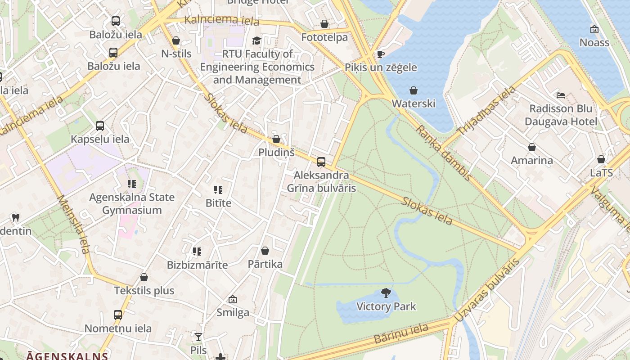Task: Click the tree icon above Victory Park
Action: pos(386,293)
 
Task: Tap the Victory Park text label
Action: pos(386,307)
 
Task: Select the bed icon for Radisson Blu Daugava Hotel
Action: pos(561,95)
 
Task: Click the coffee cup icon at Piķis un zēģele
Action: pos(380,54)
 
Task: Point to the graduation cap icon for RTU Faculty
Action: pos(256,40)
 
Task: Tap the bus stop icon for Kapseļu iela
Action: pos(100,126)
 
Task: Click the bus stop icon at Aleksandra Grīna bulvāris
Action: pos(321,162)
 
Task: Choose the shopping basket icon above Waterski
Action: pos(413,90)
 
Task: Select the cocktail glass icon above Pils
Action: pos(198,337)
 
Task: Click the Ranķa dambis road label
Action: pos(443,153)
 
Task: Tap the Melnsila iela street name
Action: pos(74,230)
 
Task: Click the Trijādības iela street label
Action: pos(486,111)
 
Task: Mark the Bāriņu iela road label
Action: pos(401,334)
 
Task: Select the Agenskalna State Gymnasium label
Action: pos(132,203)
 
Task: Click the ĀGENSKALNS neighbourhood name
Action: pos(67,356)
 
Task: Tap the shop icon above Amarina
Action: pos(531,147)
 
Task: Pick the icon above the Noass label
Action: pos(594,30)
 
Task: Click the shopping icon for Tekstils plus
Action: pos(144,277)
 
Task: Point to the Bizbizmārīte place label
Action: pos(197,265)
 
